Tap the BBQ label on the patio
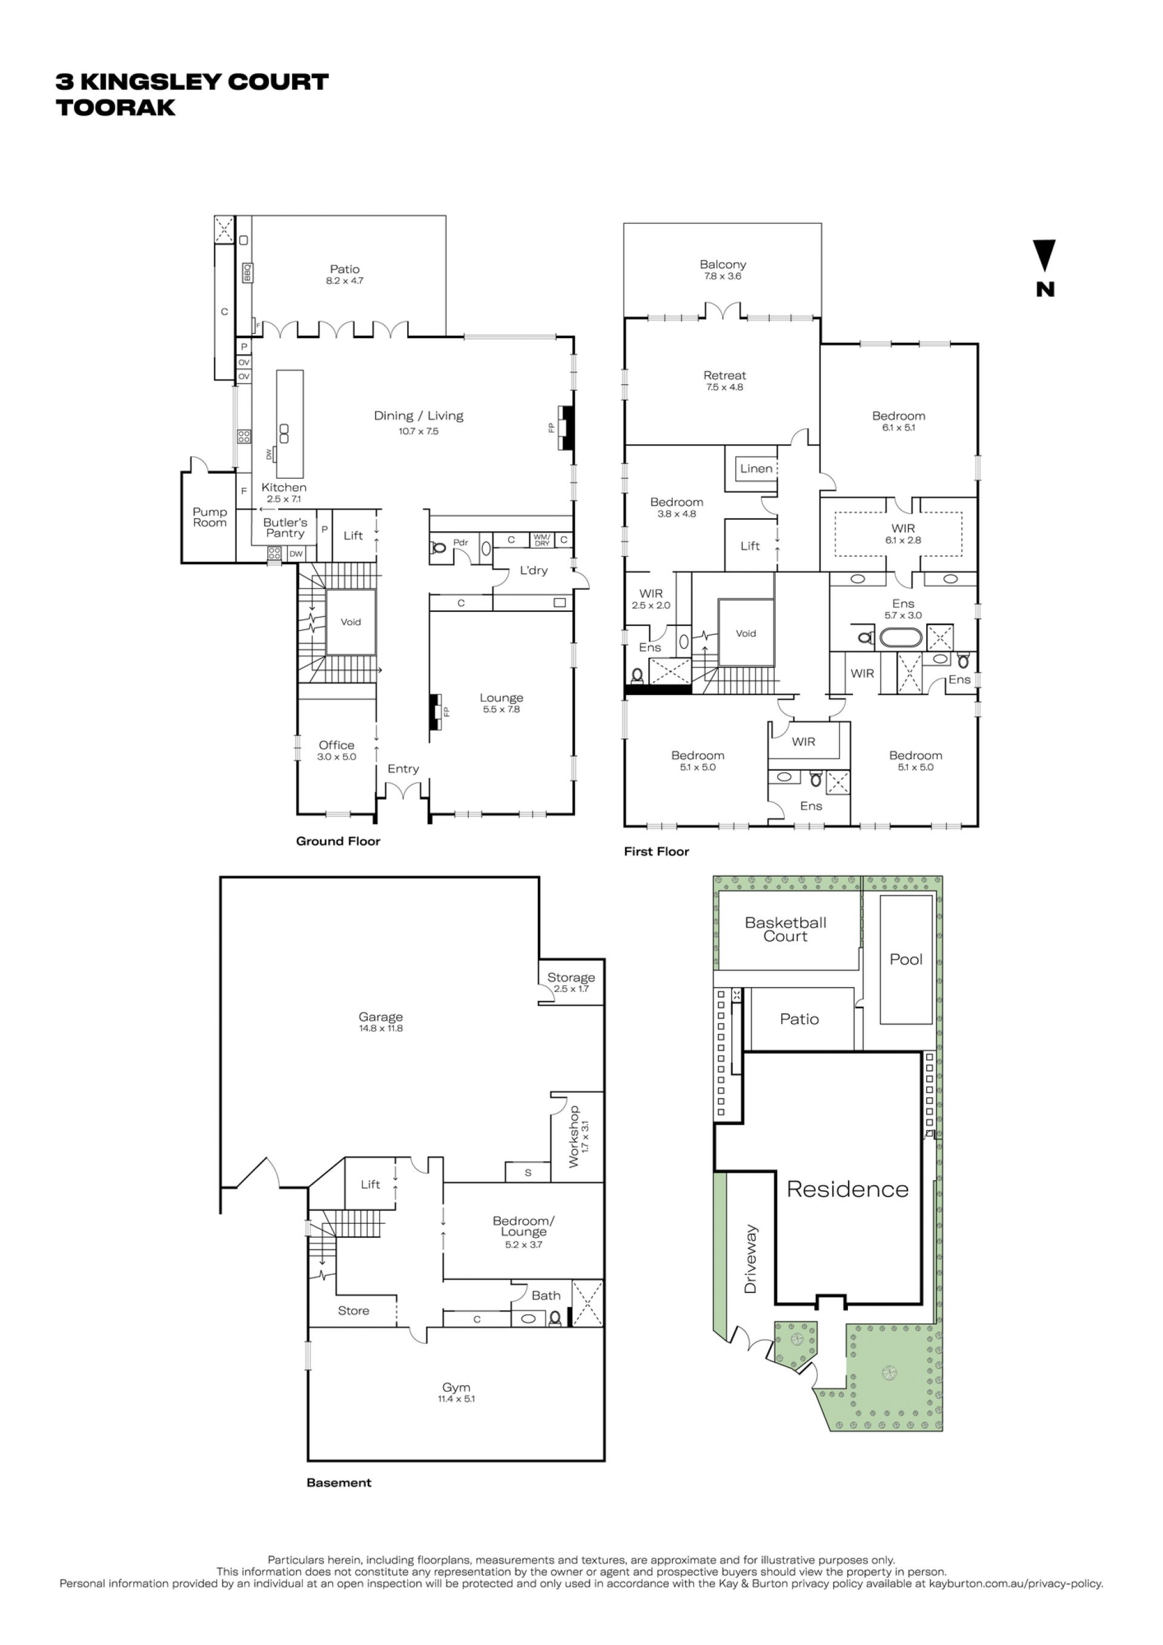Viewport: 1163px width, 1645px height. click(x=248, y=272)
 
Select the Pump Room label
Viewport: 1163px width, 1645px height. click(x=210, y=517)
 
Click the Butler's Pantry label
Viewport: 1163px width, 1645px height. click(x=285, y=528)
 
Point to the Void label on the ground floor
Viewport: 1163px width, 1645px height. click(x=351, y=622)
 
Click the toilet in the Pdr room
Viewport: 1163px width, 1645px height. click(x=439, y=549)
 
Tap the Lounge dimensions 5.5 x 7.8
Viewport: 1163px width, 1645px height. click(x=502, y=710)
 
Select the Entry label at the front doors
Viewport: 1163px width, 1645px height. click(x=403, y=769)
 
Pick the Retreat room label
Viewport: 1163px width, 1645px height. click(x=724, y=376)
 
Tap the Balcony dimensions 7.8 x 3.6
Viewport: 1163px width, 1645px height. click(x=723, y=276)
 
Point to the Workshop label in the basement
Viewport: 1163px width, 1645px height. click(x=574, y=1137)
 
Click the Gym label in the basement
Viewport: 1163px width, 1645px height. click(x=456, y=1387)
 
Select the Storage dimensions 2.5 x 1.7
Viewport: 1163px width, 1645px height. click(x=571, y=989)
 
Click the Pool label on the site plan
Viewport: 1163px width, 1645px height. click(x=906, y=959)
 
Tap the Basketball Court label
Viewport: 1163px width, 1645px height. click(x=786, y=929)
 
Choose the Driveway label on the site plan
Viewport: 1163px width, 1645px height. click(x=750, y=1259)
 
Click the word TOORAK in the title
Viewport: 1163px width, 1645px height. click(x=116, y=107)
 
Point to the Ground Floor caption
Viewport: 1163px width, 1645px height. click(x=338, y=841)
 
